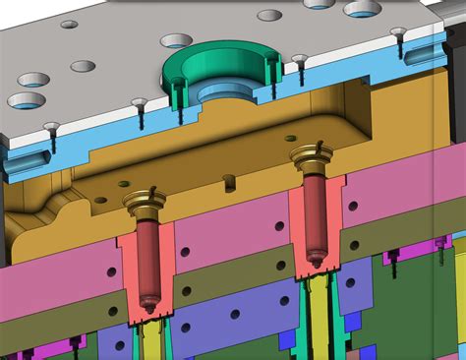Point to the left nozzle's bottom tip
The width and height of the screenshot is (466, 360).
point(148,306)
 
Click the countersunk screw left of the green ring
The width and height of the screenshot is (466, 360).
point(138,103)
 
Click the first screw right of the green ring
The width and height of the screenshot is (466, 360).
point(299,60)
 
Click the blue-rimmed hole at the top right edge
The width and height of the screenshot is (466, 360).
point(362,8)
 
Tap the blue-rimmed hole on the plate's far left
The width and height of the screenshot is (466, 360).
point(26,100)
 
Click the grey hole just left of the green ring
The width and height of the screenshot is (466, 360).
point(176,41)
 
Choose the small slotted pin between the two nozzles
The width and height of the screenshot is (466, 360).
point(228,180)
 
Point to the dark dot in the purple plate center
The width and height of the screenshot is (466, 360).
point(234,314)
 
